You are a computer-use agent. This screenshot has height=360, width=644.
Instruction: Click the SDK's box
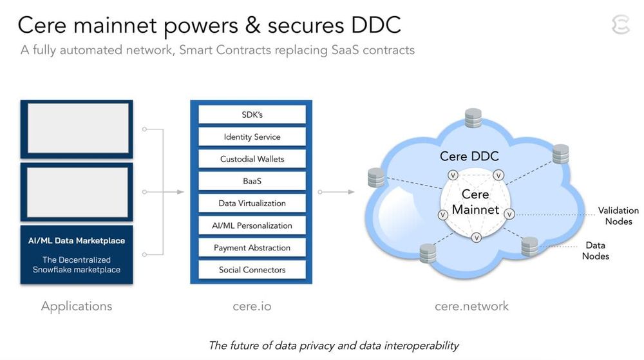point(252,115)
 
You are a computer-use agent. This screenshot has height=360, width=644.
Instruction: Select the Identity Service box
point(252,137)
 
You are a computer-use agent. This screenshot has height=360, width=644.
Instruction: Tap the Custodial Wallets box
point(252,159)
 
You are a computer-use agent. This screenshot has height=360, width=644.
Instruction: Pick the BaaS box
point(252,181)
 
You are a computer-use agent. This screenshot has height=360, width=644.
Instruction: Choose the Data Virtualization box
point(252,204)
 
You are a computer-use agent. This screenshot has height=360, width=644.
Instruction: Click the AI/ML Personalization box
point(252,225)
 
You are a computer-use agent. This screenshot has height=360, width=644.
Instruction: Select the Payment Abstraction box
point(252,248)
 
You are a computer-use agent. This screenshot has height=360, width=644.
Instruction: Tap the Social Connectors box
point(252,270)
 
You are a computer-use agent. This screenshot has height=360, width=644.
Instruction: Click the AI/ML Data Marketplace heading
point(77,241)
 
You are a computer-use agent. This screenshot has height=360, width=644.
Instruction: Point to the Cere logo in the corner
point(620,25)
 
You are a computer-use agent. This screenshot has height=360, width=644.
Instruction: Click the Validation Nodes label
point(618,216)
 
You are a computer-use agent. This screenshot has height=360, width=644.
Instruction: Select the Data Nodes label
point(595,251)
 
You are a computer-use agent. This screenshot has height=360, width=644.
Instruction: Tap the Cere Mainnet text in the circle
point(475,202)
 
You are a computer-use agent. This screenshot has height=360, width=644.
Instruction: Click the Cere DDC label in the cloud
point(469,156)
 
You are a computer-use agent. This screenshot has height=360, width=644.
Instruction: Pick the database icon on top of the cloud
point(473,118)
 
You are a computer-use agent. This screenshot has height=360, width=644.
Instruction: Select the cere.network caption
point(471,307)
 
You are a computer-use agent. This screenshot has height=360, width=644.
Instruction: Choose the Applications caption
point(77,307)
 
